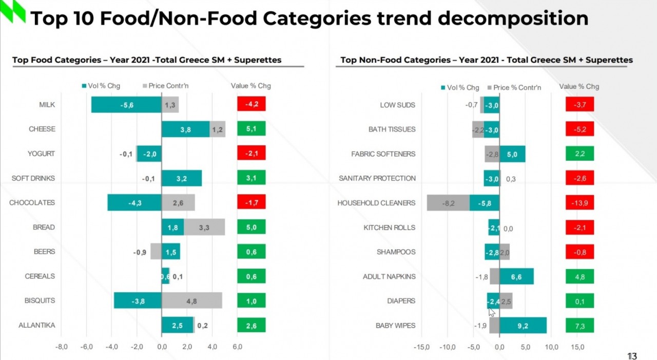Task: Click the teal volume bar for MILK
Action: (126, 105)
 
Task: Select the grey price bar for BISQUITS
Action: (192, 301)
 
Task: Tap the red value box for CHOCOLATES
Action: (251, 203)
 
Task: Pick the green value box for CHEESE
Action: (251, 129)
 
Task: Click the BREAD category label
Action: (44, 228)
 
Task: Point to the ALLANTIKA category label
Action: (36, 326)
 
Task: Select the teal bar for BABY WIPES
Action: (523, 326)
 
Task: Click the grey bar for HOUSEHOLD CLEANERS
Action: (448, 203)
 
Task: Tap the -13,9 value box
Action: (579, 203)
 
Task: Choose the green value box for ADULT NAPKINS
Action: (579, 277)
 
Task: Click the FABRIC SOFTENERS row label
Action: (383, 154)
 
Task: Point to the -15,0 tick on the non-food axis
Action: (421, 348)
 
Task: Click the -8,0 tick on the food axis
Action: (61, 347)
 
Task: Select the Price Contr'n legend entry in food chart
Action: (165, 86)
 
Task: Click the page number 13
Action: (631, 356)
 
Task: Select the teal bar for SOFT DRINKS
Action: (182, 178)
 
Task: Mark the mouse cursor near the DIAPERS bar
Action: (491, 312)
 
